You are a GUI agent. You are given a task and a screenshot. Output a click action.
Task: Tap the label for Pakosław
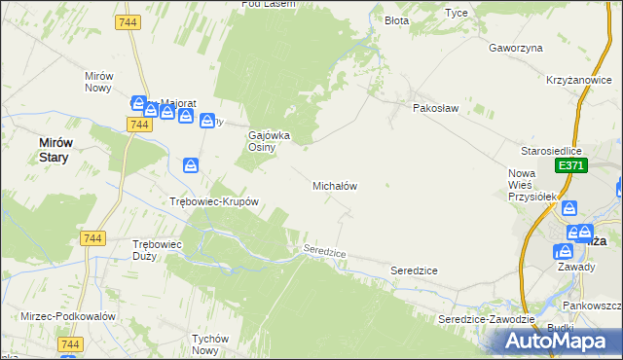pos(435,109)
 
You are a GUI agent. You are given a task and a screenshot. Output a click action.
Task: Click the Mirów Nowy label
pos(99,82)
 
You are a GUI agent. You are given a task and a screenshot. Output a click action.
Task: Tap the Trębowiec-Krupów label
pos(213,202)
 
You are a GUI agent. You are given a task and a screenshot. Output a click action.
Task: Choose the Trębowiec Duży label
pos(158,250)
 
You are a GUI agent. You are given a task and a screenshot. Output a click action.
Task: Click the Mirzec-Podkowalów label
pos(68,317)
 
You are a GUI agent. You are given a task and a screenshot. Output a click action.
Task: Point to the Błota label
pos(396,20)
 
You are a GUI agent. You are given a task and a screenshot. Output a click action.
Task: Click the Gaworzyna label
pos(515,47)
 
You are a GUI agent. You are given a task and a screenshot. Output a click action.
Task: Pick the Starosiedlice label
pos(551,151)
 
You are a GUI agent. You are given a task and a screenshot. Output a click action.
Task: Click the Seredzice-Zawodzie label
pos(487,319)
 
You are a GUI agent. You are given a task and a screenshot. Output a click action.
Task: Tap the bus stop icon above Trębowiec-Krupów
pos(191,165)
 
